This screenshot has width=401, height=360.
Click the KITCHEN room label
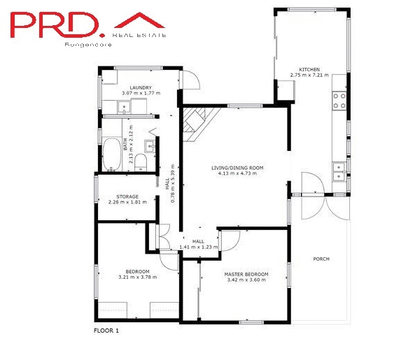click(x=309, y=70)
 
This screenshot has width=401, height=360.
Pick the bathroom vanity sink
click(x=150, y=145)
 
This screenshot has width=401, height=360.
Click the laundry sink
click(x=124, y=108)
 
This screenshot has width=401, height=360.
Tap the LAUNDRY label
click(x=141, y=87)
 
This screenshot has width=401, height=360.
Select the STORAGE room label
click(x=127, y=196)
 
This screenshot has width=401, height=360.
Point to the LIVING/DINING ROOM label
click(x=237, y=168)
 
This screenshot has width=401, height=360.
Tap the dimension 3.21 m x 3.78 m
click(x=138, y=277)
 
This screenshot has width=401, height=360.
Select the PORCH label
click(x=321, y=259)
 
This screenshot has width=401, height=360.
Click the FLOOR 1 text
click(x=107, y=331)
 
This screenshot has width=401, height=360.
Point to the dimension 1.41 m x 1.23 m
click(x=199, y=247)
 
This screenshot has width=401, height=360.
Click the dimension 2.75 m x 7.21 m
click(x=309, y=75)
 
